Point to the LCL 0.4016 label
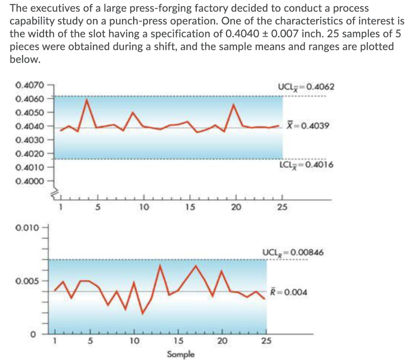[x=301, y=165]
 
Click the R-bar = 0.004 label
[x=289, y=292]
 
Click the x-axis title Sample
[x=180, y=354]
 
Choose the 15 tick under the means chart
[x=189, y=207]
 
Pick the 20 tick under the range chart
[x=222, y=341]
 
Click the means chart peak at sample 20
[x=234, y=105]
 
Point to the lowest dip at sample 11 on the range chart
[x=143, y=314]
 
